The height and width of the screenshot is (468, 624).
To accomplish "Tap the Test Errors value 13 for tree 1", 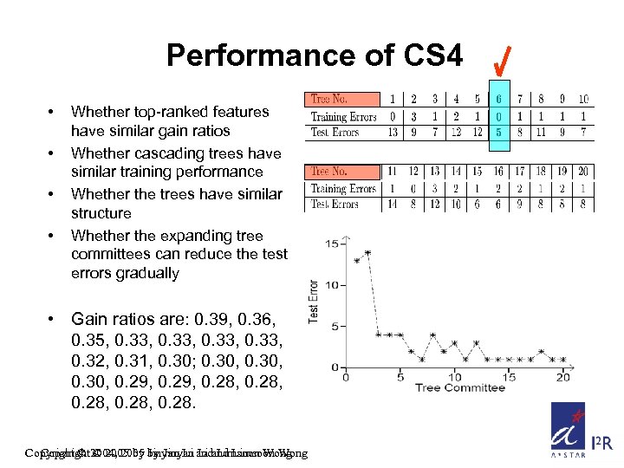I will [x=393, y=132].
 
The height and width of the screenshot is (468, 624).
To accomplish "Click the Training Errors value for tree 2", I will [x=413, y=116].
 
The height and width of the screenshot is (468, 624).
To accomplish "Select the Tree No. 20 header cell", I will [x=583, y=172].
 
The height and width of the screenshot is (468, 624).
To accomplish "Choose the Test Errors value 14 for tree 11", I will [x=393, y=205].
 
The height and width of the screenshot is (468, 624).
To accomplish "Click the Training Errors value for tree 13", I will [x=435, y=188].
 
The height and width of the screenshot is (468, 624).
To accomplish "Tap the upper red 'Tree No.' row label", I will [x=329, y=100].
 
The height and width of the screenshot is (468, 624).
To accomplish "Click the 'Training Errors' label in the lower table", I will [x=343, y=188].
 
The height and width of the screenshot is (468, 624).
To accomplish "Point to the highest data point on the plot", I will [x=367, y=252].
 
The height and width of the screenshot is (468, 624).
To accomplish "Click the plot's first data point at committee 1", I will [x=357, y=261].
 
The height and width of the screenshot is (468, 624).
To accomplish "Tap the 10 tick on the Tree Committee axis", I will [x=454, y=376].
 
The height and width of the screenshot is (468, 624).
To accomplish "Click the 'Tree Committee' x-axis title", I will [x=459, y=387].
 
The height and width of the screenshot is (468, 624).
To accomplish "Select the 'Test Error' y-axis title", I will [x=314, y=301].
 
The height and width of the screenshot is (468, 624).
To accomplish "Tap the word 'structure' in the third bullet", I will [x=101, y=213].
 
